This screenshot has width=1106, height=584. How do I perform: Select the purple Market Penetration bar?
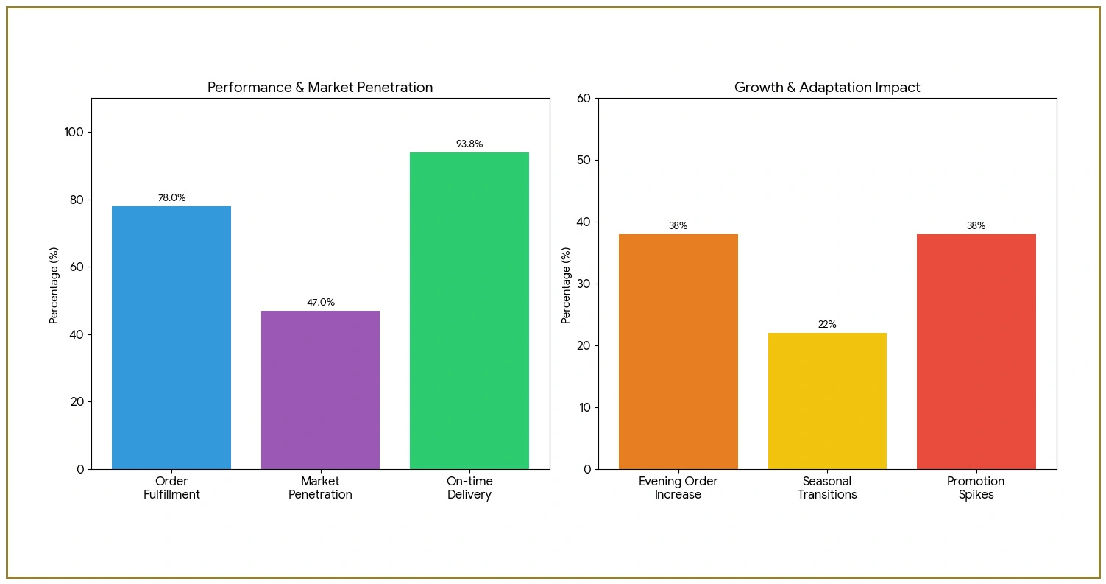[320, 390]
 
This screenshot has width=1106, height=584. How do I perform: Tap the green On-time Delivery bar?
[469, 310]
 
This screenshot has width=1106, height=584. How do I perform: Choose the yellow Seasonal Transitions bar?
[827, 401]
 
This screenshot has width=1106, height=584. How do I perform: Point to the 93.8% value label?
[469, 144]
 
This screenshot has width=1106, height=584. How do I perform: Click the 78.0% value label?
[171, 198]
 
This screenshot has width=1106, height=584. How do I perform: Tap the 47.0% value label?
[320, 303]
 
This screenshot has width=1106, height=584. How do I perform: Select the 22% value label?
[827, 325]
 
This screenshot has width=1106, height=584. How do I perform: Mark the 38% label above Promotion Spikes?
[976, 226]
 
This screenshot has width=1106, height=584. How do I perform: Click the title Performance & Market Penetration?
[320, 88]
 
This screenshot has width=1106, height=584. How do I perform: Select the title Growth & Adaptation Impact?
[827, 88]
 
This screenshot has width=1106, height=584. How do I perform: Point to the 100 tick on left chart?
[74, 133]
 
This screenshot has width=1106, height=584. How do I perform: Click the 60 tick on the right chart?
[584, 98]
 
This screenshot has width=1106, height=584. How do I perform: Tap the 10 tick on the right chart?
[584, 407]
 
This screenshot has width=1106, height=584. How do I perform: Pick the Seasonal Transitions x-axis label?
[827, 488]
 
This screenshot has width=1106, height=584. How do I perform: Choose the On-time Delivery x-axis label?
[469, 488]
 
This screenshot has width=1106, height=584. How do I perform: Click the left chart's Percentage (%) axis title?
[54, 286]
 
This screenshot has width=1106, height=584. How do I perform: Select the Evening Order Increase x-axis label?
[678, 488]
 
